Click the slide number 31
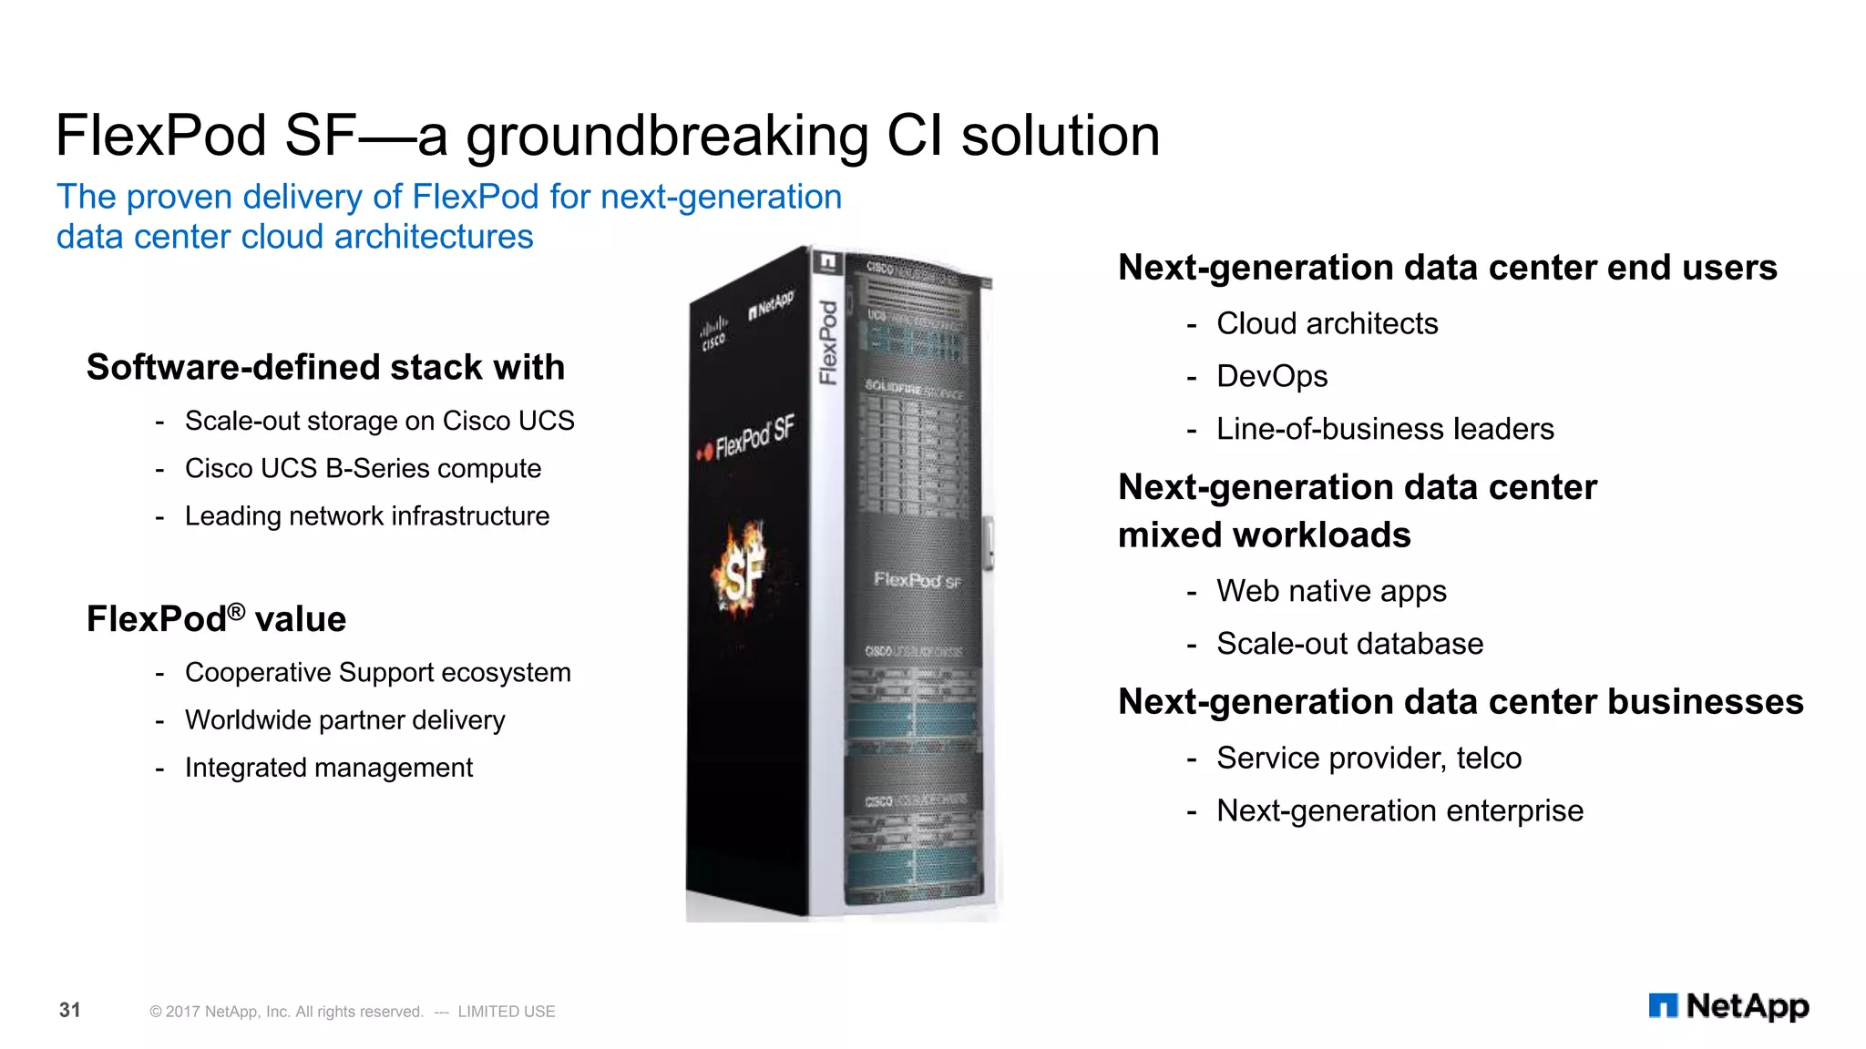(x=70, y=1010)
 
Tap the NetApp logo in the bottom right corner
(x=1728, y=1006)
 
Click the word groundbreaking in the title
(x=667, y=137)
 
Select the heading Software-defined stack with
(x=325, y=367)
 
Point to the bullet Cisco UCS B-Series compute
(x=363, y=468)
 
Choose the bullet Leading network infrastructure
(x=367, y=515)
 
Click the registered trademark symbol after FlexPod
(x=236, y=611)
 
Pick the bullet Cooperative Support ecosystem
(x=377, y=672)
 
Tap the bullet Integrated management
(x=329, y=768)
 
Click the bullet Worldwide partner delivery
(x=344, y=719)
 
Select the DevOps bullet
(x=1272, y=376)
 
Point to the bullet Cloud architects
(x=1327, y=323)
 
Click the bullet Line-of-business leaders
(x=1385, y=429)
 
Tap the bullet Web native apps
(x=1331, y=591)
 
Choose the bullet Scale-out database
(x=1349, y=644)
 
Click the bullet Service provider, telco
(x=1369, y=758)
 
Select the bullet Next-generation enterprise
(x=1399, y=810)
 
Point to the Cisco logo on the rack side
(x=713, y=333)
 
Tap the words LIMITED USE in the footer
(x=506, y=1012)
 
